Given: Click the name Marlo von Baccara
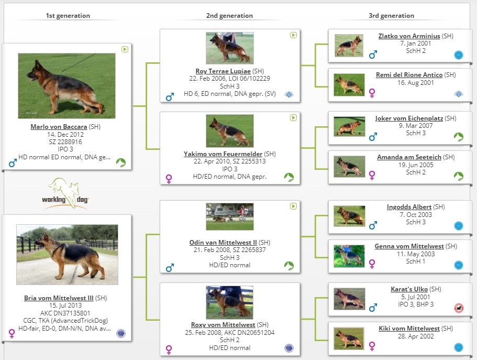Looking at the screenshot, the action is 59,127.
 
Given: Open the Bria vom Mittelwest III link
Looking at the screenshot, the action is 59,298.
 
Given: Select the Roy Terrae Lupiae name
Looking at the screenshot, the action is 223,71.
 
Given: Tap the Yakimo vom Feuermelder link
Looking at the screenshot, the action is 223,154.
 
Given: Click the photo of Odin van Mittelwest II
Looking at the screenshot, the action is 230,216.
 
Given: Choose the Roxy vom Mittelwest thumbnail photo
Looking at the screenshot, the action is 230,302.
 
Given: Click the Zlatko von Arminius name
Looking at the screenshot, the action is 409,36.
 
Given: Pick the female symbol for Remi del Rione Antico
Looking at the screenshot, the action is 372,93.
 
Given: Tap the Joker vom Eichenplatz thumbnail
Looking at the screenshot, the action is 349,126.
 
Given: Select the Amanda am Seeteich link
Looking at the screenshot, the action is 409,157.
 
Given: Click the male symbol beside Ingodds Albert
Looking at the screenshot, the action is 373,225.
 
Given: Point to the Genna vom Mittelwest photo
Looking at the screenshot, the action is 349,256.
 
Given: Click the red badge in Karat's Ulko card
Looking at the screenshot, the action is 459,308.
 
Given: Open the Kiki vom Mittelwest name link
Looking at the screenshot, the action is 409,329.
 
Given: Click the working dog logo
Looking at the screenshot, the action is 65,194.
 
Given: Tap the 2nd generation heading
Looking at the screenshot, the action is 229,16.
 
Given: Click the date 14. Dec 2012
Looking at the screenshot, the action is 65,134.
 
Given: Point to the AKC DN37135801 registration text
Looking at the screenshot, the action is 65,313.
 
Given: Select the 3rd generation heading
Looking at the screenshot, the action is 391,16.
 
